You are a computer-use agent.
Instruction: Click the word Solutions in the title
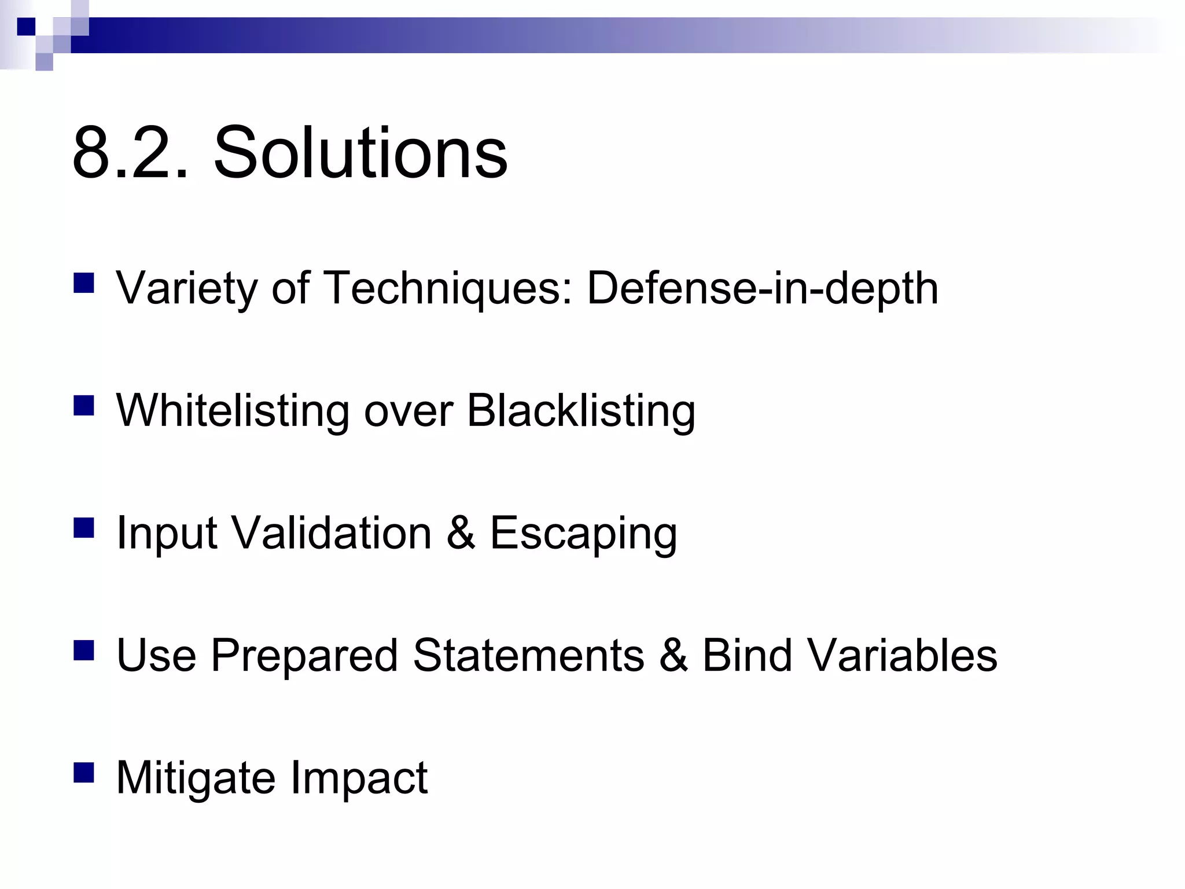tap(360, 153)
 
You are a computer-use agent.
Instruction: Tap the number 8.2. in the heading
tap(131, 154)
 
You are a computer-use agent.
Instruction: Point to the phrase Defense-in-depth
tap(763, 288)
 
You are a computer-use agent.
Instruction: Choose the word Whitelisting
tap(233, 411)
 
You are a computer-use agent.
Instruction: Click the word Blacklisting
tap(581, 411)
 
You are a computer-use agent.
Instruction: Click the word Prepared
tap(304, 656)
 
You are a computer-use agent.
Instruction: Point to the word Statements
tap(528, 655)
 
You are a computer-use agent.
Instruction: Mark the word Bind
tap(747, 655)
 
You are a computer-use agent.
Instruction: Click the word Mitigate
tap(196, 778)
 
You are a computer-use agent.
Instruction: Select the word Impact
tap(359, 778)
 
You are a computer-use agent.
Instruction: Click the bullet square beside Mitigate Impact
tap(84, 773)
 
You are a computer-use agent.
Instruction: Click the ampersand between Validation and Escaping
tap(461, 532)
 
